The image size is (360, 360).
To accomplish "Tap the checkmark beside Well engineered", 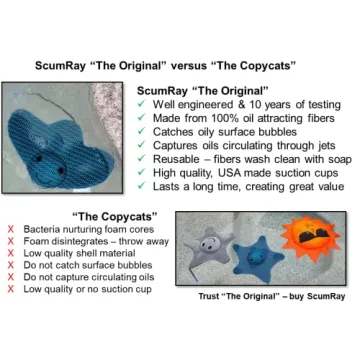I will pos(145,104).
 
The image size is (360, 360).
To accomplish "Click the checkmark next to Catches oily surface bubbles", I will pos(145,130).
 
